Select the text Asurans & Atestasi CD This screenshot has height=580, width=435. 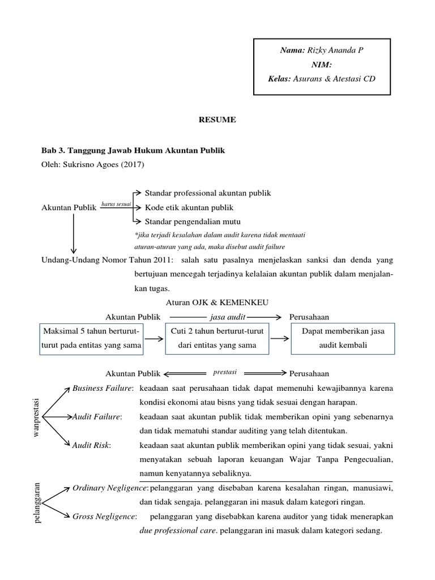[334, 79]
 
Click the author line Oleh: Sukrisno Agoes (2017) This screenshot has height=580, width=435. [93, 165]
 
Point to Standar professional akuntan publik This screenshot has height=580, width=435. [208, 193]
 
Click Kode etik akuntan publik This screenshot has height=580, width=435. [189, 207]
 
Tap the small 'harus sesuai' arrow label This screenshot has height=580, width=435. [116, 203]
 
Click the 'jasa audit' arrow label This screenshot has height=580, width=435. [227, 317]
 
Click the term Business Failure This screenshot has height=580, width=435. [103, 388]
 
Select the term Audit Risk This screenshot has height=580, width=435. [91, 445]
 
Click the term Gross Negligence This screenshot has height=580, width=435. [104, 517]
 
